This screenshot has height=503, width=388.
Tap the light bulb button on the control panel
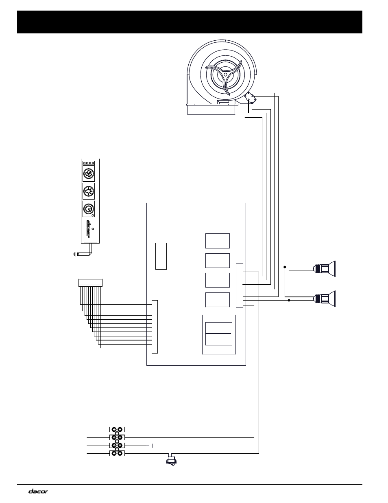coord(89,191)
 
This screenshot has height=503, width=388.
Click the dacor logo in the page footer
coord(38,491)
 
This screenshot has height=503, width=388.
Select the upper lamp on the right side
coord(325,268)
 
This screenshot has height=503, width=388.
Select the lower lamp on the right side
coord(325,299)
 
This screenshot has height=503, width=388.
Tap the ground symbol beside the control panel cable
coord(76,254)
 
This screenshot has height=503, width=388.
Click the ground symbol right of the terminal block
coord(151,445)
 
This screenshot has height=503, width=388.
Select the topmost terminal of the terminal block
coord(117,429)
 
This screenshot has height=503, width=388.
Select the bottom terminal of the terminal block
coord(117,453)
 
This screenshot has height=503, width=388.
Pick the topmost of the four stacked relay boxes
coord(218,241)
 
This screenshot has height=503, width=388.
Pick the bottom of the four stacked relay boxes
coord(218,299)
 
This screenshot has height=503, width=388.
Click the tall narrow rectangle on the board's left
coord(161,256)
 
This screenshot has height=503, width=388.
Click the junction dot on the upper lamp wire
coord(285,267)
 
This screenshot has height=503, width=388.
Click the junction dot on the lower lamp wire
coord(289,301)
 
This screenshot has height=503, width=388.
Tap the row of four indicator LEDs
coord(89,163)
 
